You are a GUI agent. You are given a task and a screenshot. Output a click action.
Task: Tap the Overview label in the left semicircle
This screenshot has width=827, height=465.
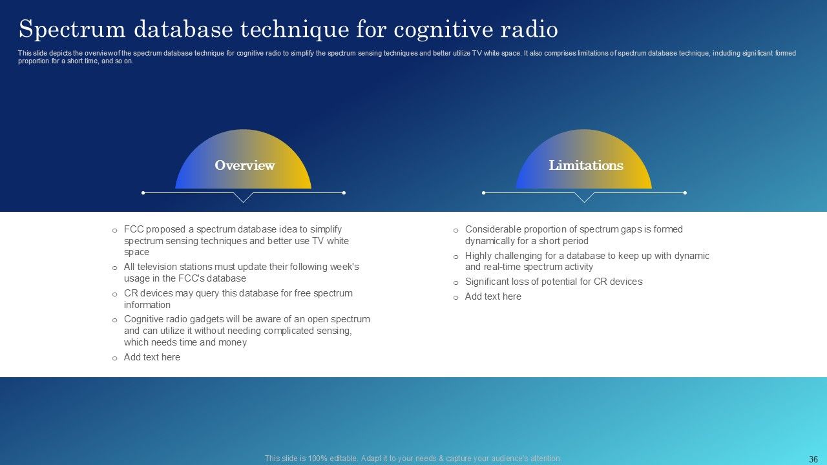(244, 165)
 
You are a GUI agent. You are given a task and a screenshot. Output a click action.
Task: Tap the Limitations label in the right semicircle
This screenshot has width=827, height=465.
(585, 165)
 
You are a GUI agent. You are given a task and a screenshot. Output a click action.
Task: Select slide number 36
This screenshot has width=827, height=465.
(813, 459)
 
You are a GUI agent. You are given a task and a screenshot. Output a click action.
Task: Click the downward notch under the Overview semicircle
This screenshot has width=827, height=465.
(243, 198)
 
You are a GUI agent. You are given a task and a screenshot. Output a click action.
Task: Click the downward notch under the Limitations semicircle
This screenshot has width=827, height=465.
(584, 198)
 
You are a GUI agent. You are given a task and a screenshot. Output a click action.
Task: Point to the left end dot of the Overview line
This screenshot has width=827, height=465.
(143, 192)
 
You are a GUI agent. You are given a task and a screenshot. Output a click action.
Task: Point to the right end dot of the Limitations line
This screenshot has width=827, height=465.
(685, 192)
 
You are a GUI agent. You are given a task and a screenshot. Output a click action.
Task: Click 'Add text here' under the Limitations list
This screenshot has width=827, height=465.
(493, 296)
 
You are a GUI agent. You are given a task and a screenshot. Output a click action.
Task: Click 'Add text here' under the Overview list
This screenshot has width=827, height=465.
(152, 357)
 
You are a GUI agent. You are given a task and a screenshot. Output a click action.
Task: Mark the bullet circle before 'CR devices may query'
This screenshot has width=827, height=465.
(114, 294)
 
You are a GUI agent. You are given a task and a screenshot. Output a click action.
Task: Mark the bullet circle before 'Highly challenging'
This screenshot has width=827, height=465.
(455, 256)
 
